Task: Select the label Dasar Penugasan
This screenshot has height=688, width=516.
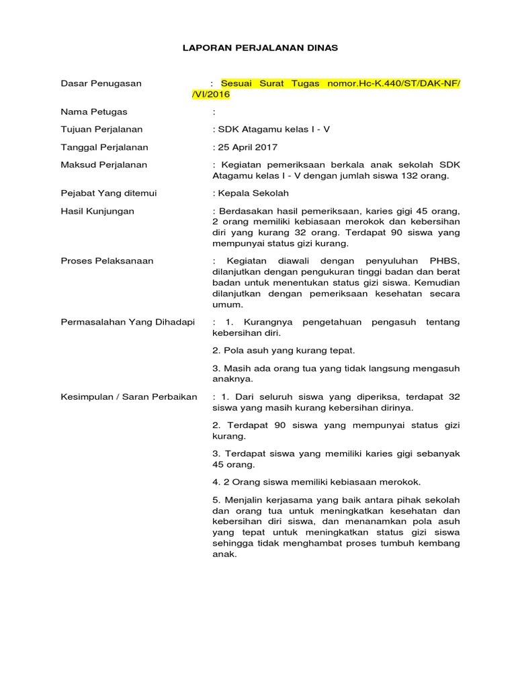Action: [101, 83]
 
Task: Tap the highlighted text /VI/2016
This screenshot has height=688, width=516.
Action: [211, 95]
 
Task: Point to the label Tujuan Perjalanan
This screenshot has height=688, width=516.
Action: [101, 130]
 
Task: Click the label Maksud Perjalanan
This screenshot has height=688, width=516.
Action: [104, 165]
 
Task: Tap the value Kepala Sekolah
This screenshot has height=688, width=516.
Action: [253, 193]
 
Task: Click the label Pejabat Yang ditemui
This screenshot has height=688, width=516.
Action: [108, 193]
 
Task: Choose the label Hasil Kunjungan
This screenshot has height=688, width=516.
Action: [97, 211]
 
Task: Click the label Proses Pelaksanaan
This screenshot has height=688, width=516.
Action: [107, 261]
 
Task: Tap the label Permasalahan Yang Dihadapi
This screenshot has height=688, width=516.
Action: [128, 322]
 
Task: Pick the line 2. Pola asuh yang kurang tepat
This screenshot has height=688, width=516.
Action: [284, 351]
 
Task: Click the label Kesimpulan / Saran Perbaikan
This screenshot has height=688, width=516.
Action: [129, 397]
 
